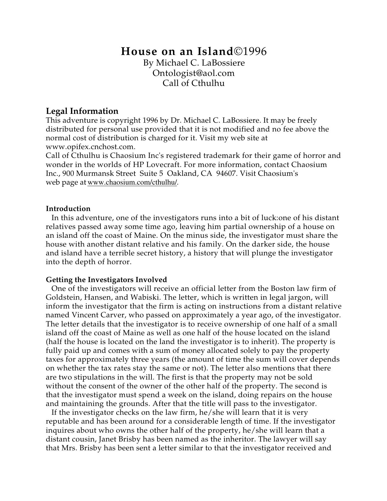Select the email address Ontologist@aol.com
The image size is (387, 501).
pos(193,73)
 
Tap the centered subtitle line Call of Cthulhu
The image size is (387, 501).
pos(193,83)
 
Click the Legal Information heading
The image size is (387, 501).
pos(82,111)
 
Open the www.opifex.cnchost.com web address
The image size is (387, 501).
pos(90,147)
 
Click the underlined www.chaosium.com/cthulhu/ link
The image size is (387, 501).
pos(132,183)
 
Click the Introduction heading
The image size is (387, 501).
pos(68,209)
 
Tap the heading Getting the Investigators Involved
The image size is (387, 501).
pos(106,280)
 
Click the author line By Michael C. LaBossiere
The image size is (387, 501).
pos(194,63)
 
